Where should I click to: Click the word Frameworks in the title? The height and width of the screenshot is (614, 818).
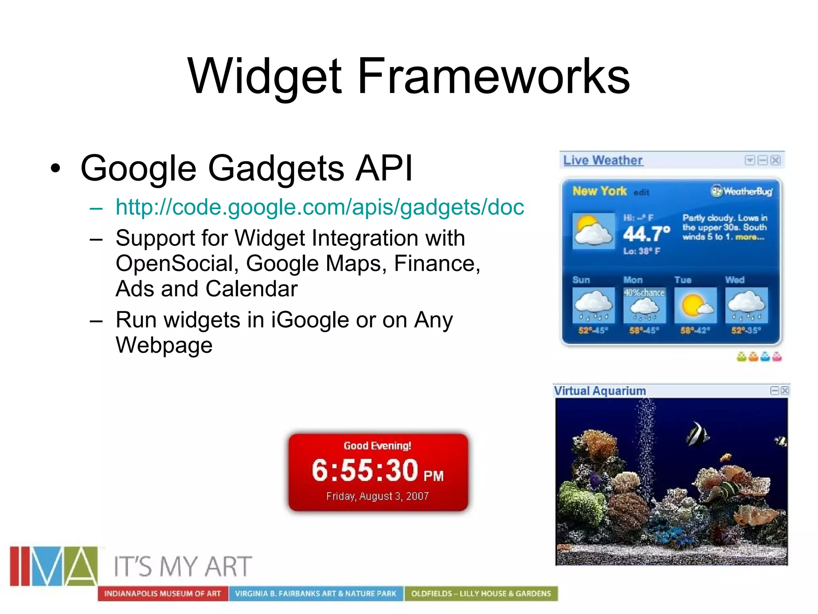tap(493, 76)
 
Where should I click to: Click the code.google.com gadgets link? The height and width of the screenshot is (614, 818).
tap(320, 207)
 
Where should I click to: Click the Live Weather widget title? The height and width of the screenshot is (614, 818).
tap(602, 160)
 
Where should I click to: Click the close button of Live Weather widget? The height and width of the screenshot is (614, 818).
tap(775, 160)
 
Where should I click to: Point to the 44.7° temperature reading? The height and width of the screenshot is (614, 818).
tap(646, 234)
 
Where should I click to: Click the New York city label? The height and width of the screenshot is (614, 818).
tap(599, 191)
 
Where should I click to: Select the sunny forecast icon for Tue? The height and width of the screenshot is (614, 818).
tap(695, 305)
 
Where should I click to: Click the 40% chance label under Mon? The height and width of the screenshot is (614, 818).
tap(644, 293)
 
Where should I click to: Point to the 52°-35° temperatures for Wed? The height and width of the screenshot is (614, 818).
tap(746, 330)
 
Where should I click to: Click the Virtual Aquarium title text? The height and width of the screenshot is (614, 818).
tap(600, 391)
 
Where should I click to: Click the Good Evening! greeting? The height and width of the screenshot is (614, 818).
tap(377, 446)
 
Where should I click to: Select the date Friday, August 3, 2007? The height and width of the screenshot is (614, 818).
tap(377, 496)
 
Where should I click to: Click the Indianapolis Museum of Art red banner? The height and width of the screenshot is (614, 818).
tap(163, 594)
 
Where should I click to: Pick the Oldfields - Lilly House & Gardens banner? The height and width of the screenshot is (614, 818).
tap(481, 594)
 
